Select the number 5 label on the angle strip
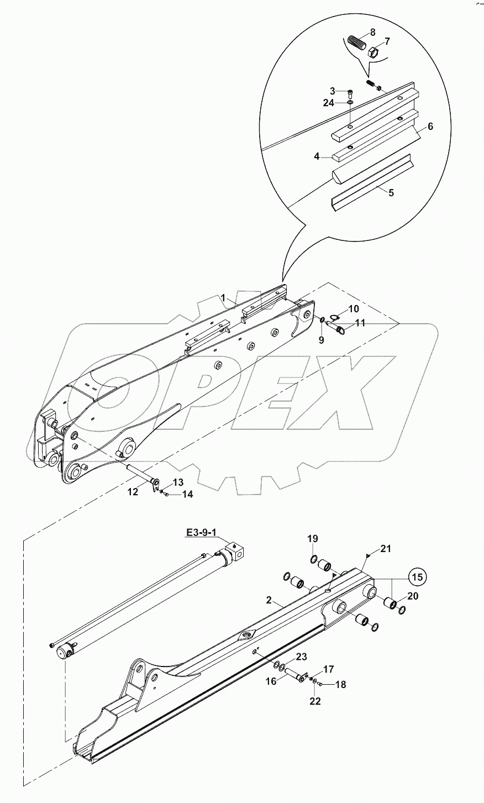tap(391, 194)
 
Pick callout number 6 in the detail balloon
tap(430, 126)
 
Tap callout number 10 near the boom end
tap(353, 308)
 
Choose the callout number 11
tap(360, 323)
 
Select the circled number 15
tap(418, 576)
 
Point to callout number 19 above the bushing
tap(313, 539)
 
